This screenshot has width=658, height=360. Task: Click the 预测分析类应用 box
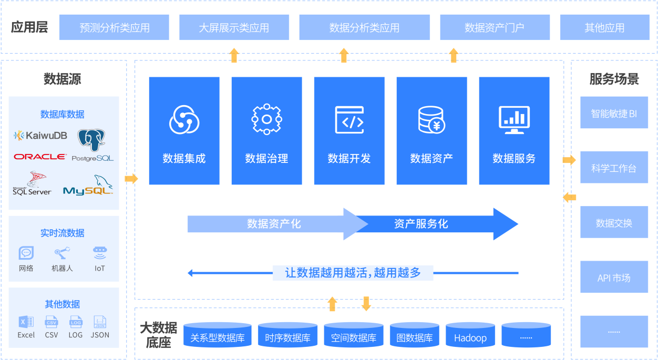pos(114,27)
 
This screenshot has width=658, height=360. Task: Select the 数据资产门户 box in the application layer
pos(495,27)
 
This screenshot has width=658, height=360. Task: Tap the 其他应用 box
pos(604,27)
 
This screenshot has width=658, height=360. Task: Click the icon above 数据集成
pos(184,120)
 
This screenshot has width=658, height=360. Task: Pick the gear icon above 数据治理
pos(266,119)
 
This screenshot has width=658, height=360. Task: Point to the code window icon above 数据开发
pos(349,119)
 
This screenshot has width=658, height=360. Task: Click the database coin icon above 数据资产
pos(431,120)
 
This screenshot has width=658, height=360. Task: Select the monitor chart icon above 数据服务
pos(514,120)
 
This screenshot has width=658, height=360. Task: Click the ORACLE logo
pos(40,157)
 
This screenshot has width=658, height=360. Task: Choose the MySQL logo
pos(88,188)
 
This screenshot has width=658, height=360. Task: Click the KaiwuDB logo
pos(40,135)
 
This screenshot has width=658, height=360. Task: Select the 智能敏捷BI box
pos(614,113)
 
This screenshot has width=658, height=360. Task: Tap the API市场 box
pos(614,277)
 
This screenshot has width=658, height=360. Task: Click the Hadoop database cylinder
pos(470,336)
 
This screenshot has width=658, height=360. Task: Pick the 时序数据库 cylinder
pos(287,336)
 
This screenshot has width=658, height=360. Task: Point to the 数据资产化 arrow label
pos(274,224)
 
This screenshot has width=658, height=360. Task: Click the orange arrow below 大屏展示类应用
pos(234,55)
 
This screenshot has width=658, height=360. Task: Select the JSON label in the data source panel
pos(100,335)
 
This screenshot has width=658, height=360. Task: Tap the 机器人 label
pos(62,268)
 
